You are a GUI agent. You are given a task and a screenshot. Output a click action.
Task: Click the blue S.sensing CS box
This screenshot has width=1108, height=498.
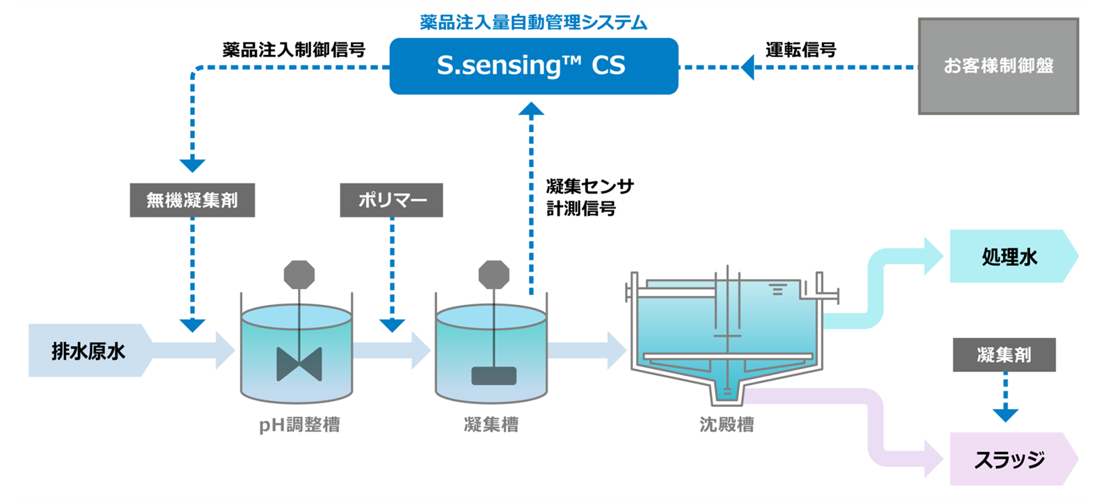[533, 66]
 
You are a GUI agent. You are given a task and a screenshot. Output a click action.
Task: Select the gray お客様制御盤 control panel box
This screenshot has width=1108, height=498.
[998, 66]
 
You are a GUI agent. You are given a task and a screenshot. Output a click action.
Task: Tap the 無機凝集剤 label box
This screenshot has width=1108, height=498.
[192, 201]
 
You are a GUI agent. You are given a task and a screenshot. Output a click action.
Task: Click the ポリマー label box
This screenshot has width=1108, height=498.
[391, 201]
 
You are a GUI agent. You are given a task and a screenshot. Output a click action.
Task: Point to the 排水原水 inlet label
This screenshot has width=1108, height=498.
[88, 351]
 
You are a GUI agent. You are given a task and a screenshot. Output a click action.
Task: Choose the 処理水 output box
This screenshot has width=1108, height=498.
[1010, 256]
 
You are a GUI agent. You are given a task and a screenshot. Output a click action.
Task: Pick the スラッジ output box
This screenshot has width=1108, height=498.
[1010, 459]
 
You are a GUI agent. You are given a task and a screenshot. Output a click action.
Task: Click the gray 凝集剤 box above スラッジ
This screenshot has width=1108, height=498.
[1004, 355]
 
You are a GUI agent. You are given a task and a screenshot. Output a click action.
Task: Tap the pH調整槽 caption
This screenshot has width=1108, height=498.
[299, 424]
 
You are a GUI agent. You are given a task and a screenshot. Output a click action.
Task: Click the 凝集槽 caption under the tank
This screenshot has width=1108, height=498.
[491, 424]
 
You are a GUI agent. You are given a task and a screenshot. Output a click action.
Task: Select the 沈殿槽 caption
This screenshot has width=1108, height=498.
[727, 424]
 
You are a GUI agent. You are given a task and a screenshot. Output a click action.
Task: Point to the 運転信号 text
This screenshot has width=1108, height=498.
[800, 49]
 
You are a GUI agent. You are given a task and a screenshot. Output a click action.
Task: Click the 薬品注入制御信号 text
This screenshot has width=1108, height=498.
[293, 49]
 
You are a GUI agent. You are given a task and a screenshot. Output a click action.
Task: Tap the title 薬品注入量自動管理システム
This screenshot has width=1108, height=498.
[533, 22]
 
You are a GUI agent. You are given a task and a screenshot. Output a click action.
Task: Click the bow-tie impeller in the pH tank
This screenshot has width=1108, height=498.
[299, 364]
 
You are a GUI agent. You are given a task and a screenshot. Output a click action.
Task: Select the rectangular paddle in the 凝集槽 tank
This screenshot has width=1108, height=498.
[493, 375]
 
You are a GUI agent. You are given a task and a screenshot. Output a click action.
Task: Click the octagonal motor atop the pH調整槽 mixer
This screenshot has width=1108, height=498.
[299, 274]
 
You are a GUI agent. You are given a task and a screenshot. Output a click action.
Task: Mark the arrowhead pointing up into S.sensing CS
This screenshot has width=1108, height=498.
[531, 109]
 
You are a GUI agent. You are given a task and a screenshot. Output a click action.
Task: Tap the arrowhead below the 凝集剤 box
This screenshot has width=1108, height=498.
[1005, 414]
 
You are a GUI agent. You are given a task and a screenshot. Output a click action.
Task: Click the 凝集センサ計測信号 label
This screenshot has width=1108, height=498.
[589, 197]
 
